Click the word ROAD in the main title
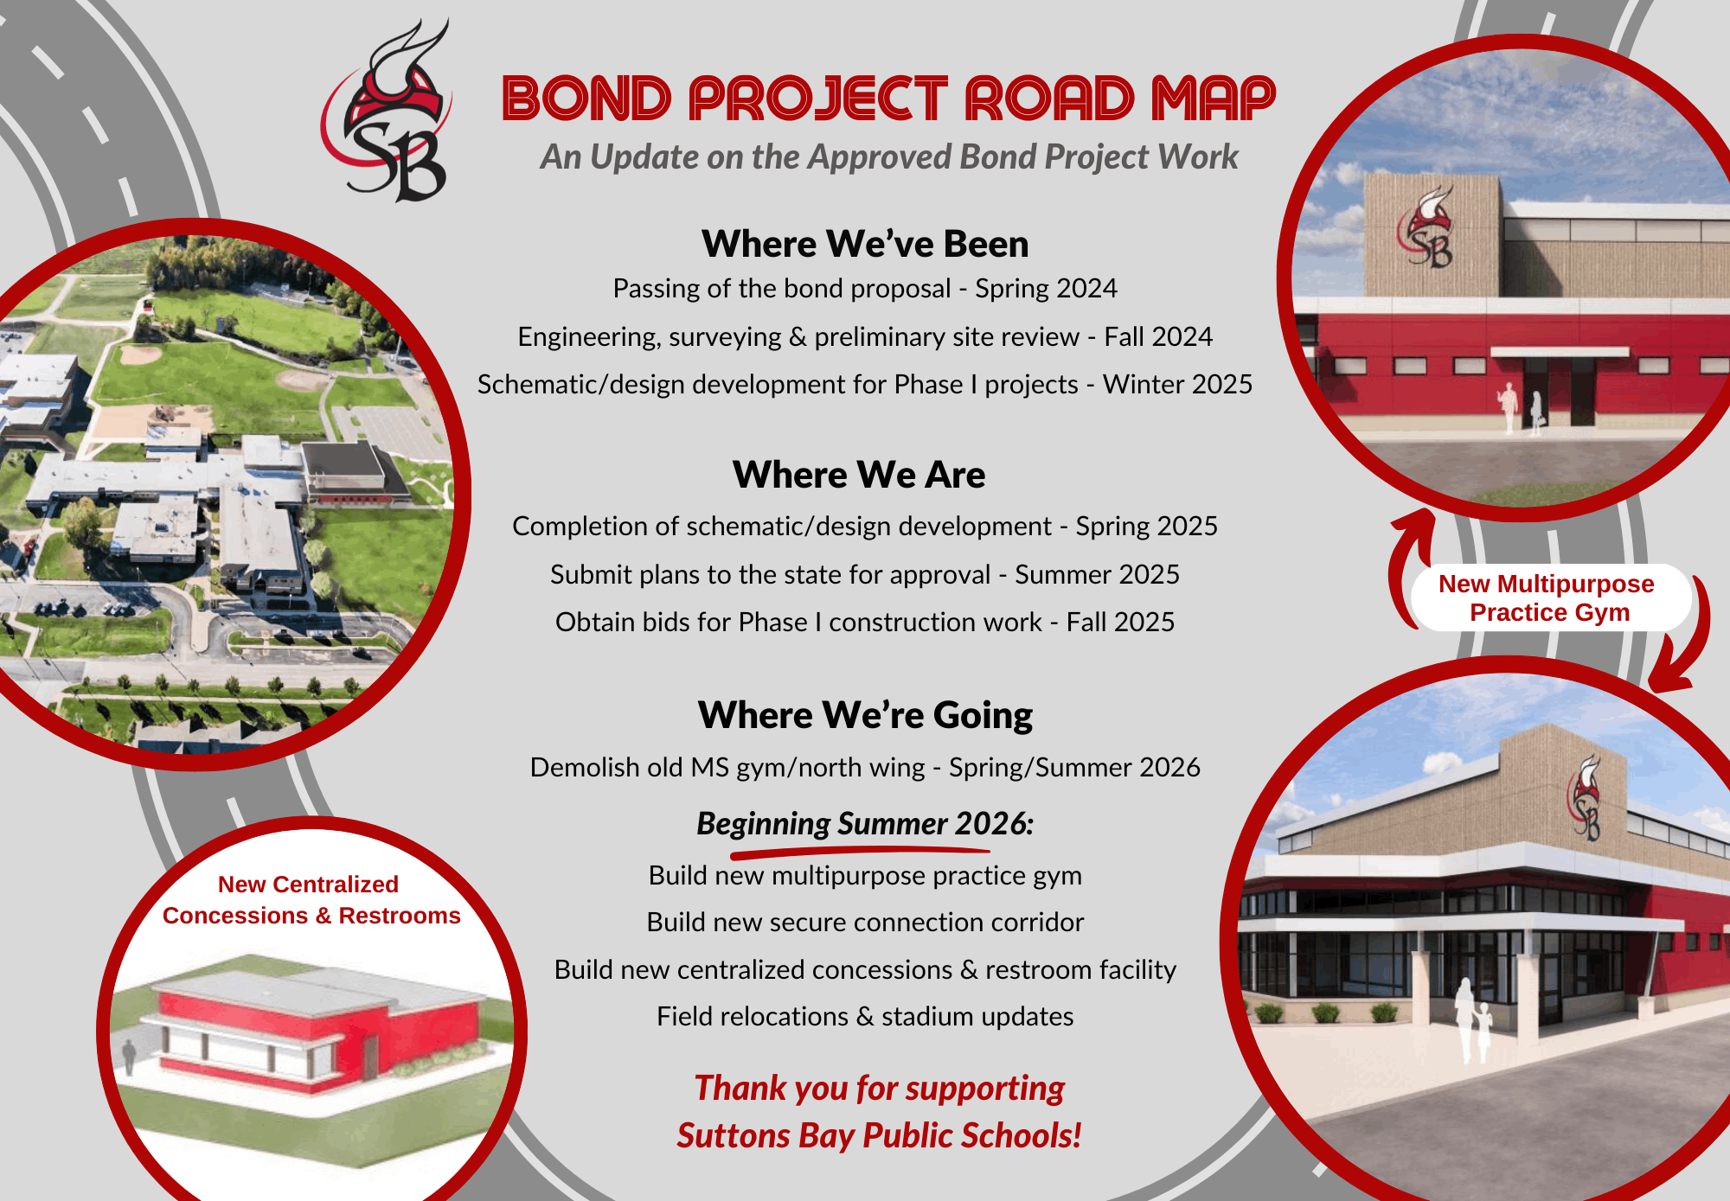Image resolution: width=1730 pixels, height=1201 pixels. tap(1049, 99)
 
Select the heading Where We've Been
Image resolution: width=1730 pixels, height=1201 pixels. tap(865, 244)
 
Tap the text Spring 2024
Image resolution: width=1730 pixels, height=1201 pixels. tap(1046, 289)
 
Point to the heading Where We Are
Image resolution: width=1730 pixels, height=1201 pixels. tap(859, 475)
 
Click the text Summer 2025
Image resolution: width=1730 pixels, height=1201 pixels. tap(1097, 574)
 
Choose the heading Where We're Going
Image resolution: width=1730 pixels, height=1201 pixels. tap(865, 715)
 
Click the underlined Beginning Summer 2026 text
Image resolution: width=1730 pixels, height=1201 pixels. tap(865, 824)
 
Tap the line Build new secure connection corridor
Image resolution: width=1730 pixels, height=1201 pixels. tap(865, 923)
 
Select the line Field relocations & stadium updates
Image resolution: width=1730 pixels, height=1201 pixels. tap(865, 1017)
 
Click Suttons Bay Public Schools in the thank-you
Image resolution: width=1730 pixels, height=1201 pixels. tap(879, 1135)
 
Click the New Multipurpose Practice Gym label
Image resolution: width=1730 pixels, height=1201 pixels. tap(1547, 597)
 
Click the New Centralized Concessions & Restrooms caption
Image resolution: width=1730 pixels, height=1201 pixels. tap(311, 900)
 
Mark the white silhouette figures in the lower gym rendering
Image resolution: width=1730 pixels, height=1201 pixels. tap(1472, 1019)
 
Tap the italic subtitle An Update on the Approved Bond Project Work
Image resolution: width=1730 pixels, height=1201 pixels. tap(889, 157)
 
